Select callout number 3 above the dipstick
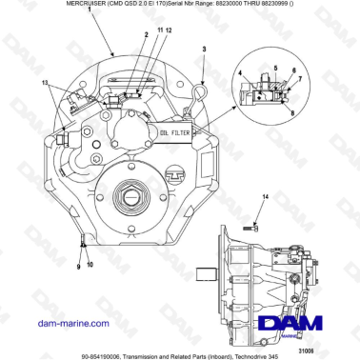[x=203, y=47]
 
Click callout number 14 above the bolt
[x=267, y=196]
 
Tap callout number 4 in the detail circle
[x=244, y=72]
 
